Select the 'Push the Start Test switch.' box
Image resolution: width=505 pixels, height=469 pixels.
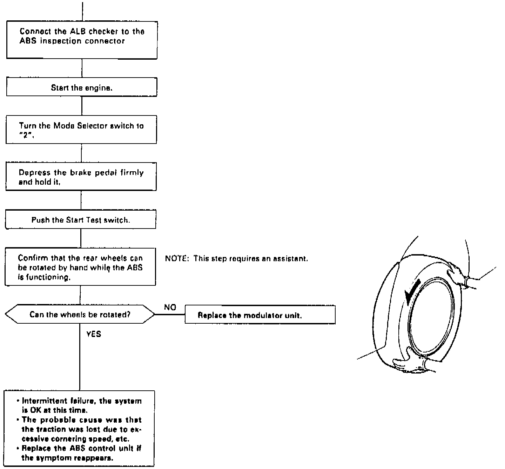click(x=81, y=220)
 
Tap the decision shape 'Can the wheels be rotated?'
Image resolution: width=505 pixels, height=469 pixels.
click(x=80, y=314)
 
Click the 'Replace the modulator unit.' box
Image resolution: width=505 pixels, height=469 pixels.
click(x=260, y=315)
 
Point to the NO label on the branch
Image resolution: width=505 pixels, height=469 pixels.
click(x=170, y=308)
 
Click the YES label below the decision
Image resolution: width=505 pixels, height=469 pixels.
click(x=94, y=334)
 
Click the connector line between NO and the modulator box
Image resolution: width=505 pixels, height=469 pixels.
click(x=170, y=315)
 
